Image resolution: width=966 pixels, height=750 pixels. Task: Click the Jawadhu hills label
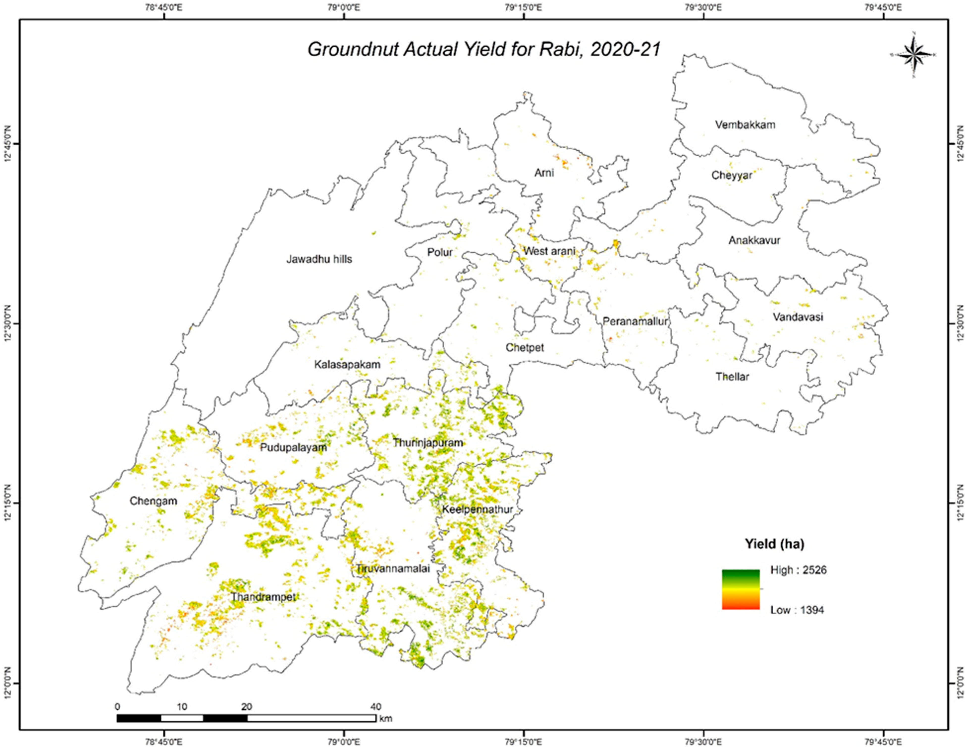tap(319, 259)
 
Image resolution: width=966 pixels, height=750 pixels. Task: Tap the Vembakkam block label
tap(745, 125)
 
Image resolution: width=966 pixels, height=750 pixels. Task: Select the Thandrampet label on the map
tap(263, 597)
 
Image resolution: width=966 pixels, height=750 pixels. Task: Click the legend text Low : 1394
tap(797, 610)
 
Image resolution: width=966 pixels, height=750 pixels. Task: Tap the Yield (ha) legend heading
tap(774, 544)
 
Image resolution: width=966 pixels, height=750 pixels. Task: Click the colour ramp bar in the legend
tap(741, 589)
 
